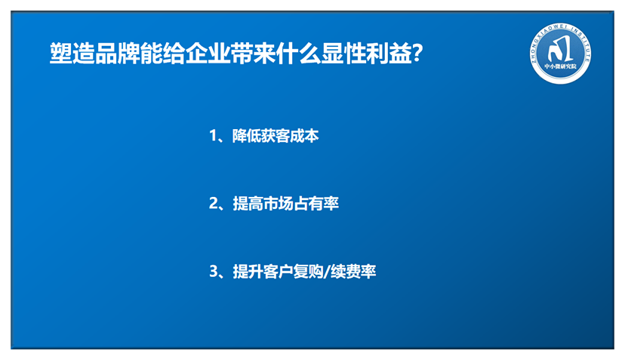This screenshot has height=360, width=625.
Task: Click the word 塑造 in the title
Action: (72, 54)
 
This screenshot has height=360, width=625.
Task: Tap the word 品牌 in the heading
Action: (118, 54)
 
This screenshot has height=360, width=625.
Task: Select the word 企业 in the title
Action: (208, 54)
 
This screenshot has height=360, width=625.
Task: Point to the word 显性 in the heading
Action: (344, 54)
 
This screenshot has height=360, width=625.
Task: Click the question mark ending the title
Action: (417, 54)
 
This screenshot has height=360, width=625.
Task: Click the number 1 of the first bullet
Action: (214, 136)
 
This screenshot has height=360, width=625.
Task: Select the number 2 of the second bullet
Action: (214, 204)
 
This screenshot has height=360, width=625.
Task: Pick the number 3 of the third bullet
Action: (214, 272)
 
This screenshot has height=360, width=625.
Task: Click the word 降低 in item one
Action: (247, 136)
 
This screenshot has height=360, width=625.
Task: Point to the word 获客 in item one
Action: (276, 136)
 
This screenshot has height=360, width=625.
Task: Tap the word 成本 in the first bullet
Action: (304, 136)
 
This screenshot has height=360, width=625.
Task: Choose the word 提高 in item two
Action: (247, 204)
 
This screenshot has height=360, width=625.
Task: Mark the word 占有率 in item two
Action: (316, 204)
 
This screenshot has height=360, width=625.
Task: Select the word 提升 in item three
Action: (247, 272)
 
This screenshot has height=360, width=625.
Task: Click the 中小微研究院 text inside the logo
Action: (560, 66)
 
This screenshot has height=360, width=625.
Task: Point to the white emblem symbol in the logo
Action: (560, 48)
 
